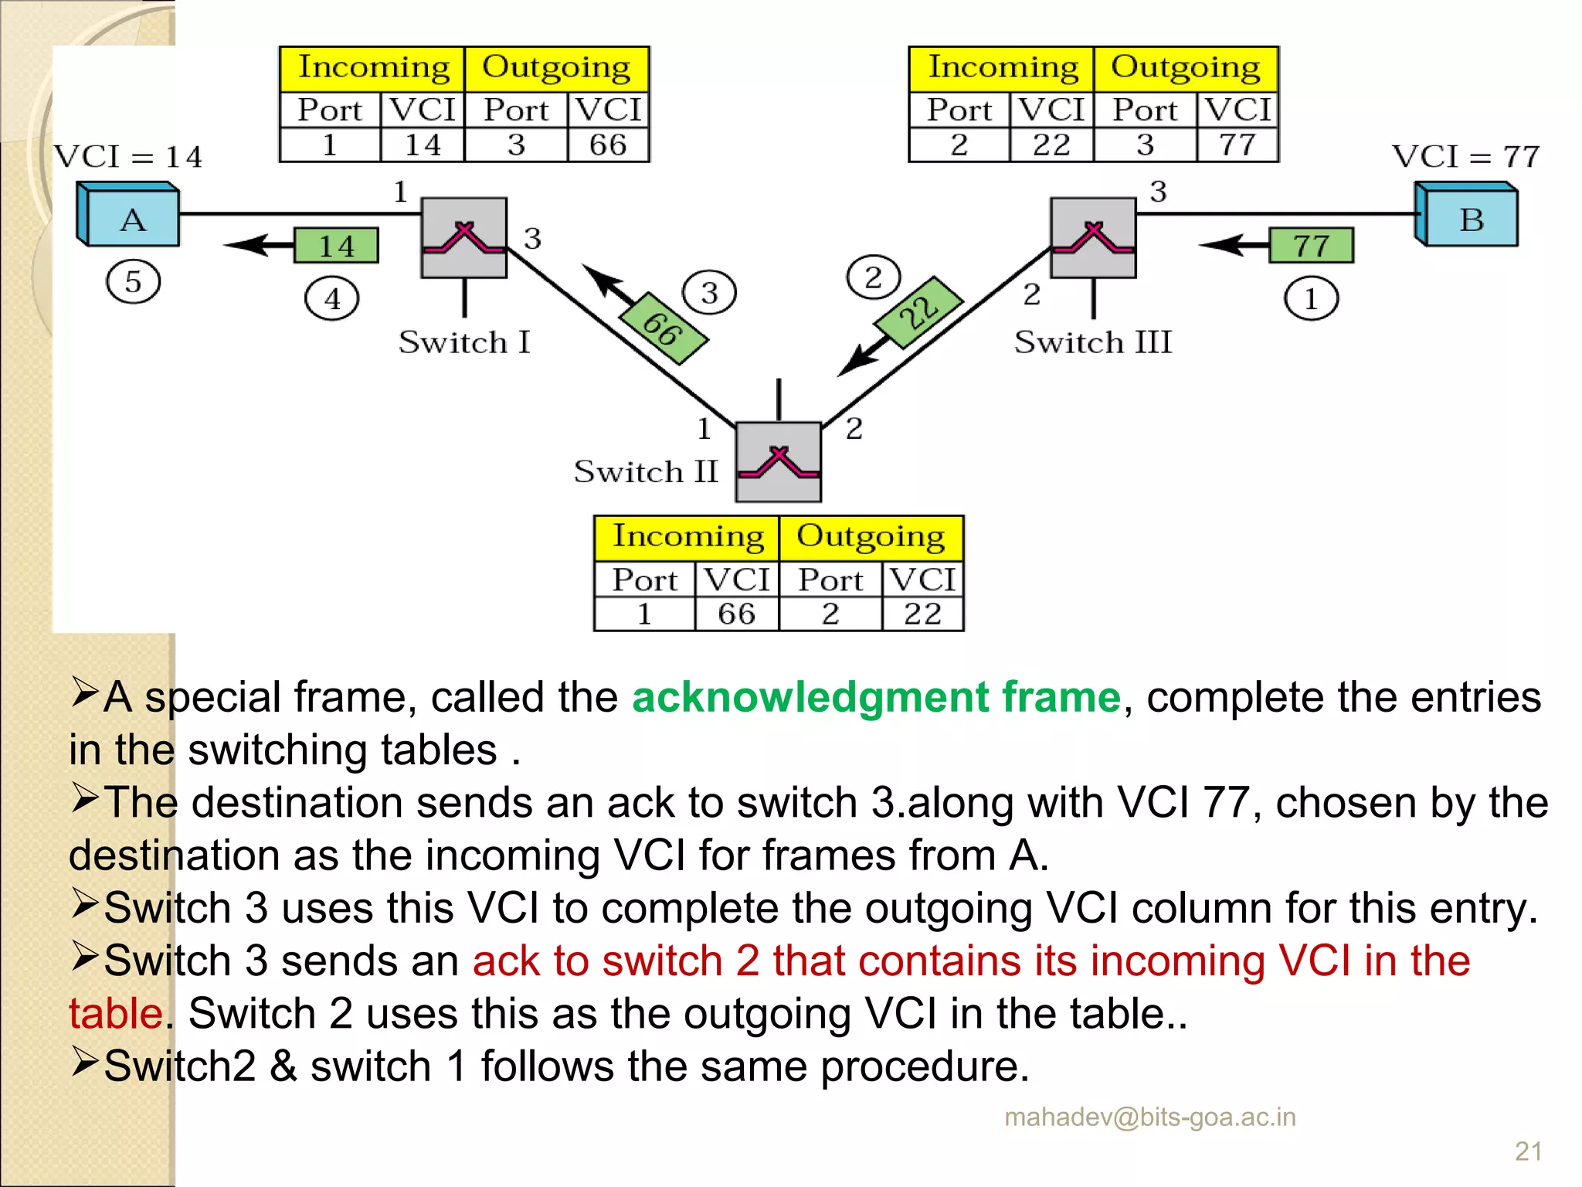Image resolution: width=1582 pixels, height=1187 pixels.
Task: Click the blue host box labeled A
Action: tap(130, 216)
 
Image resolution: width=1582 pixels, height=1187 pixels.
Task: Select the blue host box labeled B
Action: tap(1468, 216)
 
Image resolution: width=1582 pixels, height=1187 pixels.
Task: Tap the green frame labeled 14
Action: tap(336, 246)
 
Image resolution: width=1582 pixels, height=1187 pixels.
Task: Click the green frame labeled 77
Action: tap(1311, 245)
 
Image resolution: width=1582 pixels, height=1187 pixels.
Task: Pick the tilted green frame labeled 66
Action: tap(664, 328)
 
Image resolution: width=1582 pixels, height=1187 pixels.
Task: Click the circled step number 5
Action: tap(133, 281)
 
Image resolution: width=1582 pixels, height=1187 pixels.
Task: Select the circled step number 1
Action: tap(1311, 298)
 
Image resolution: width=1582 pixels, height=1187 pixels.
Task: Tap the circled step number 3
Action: tap(709, 292)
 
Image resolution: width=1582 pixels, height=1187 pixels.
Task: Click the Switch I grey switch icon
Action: tap(463, 238)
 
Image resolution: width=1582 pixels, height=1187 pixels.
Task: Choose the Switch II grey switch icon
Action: tap(778, 462)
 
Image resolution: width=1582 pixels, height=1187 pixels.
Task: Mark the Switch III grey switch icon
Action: tap(1093, 238)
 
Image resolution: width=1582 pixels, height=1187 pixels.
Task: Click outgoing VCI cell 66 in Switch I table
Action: tap(608, 145)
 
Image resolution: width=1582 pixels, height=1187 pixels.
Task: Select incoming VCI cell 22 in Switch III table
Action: tap(1051, 145)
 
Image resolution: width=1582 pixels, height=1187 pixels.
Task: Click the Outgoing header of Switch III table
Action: tap(1186, 68)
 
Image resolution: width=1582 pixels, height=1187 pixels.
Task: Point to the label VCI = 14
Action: tap(128, 157)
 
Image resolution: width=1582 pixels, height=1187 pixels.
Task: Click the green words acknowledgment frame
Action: tap(876, 697)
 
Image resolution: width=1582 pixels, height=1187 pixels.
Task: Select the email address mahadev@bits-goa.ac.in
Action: tap(1149, 1117)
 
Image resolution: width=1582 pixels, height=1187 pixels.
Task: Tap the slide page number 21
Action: tap(1528, 1151)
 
